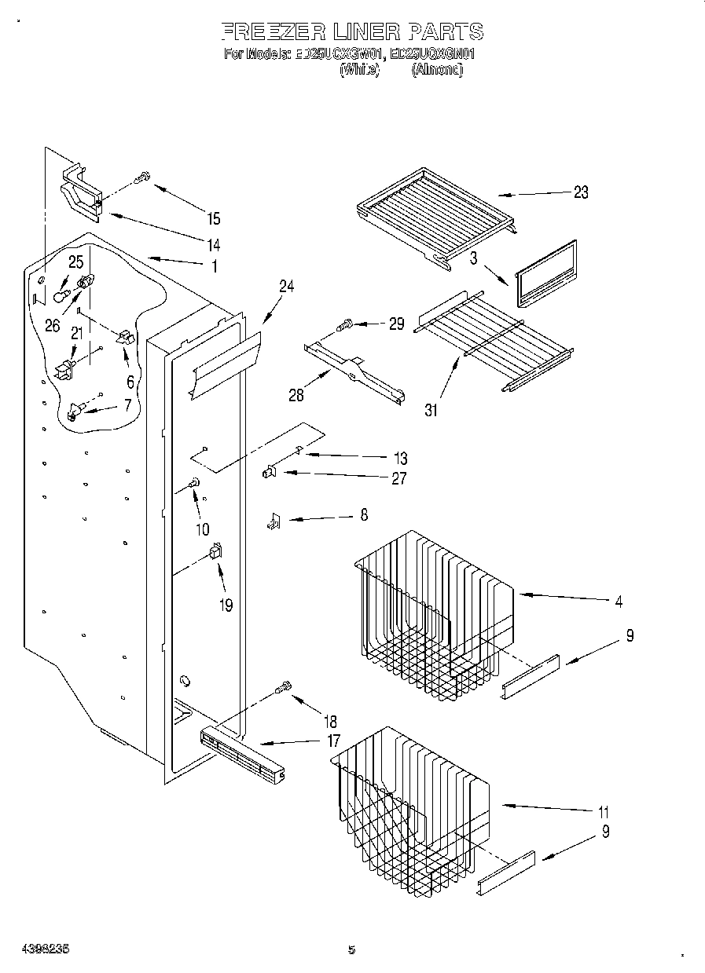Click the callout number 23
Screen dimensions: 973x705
[x=580, y=192]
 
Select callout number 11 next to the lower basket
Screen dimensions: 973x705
[x=604, y=812]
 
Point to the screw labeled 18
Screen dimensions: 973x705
[x=284, y=688]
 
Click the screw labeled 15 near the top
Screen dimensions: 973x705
[x=142, y=178]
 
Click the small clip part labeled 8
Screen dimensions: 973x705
[x=274, y=521]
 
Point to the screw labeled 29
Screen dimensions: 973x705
[x=344, y=323]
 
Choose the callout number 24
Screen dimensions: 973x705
[x=286, y=287]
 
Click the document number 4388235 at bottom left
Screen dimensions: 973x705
[x=36, y=948]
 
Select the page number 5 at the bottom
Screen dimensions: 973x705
[x=351, y=949]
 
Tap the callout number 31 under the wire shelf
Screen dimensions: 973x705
[x=431, y=408]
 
